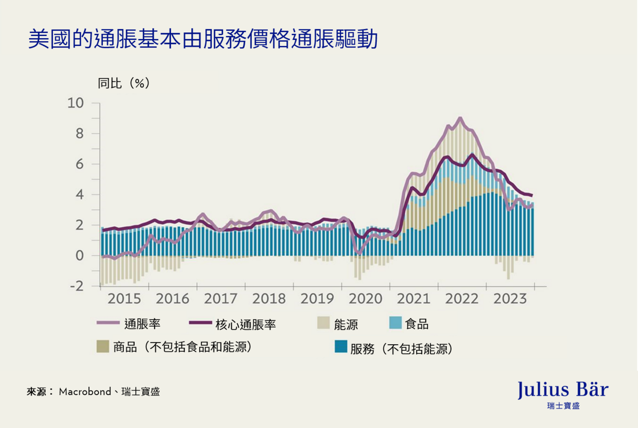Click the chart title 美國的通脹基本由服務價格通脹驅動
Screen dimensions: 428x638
203,39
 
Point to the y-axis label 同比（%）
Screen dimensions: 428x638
124,83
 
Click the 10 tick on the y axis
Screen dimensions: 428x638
76,103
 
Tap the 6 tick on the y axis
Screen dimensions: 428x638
79,164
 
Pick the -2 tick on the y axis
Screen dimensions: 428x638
77,286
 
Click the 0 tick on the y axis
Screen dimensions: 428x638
79,256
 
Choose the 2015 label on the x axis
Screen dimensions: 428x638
124,299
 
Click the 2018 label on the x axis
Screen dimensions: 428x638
269,299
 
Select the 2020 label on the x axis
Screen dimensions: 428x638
365,299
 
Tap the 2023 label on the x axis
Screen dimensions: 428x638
510,299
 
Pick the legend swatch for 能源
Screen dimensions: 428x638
324,323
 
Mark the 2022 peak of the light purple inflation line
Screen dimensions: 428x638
460,118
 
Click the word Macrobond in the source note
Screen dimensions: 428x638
85,392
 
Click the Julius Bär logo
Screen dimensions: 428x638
563,394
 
